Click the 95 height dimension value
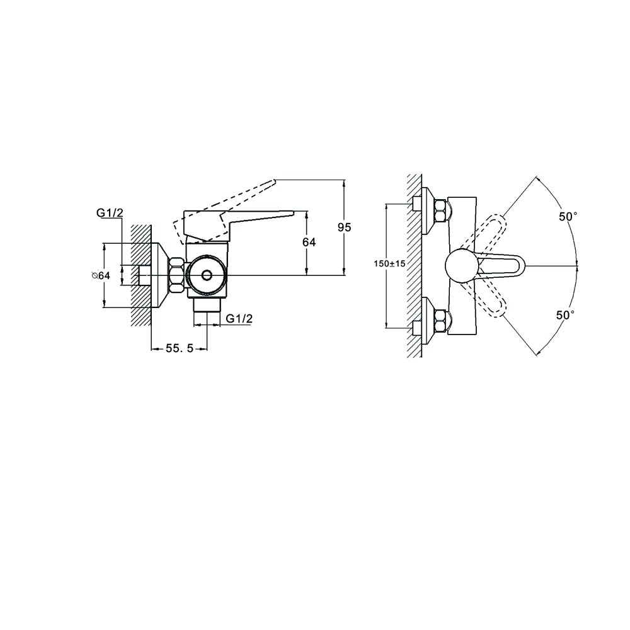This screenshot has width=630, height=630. (344, 227)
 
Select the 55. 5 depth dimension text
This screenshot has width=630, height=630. (179, 349)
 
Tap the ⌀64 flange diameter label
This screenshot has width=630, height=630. (101, 276)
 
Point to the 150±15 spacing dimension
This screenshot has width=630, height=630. (389, 263)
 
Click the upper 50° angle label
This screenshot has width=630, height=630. (568, 217)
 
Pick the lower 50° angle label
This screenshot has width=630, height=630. (565, 315)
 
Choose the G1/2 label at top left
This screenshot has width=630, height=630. (110, 213)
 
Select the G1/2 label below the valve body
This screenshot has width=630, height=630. (239, 319)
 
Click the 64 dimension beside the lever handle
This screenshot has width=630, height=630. (309, 243)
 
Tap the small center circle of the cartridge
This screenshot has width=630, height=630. (207, 275)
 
